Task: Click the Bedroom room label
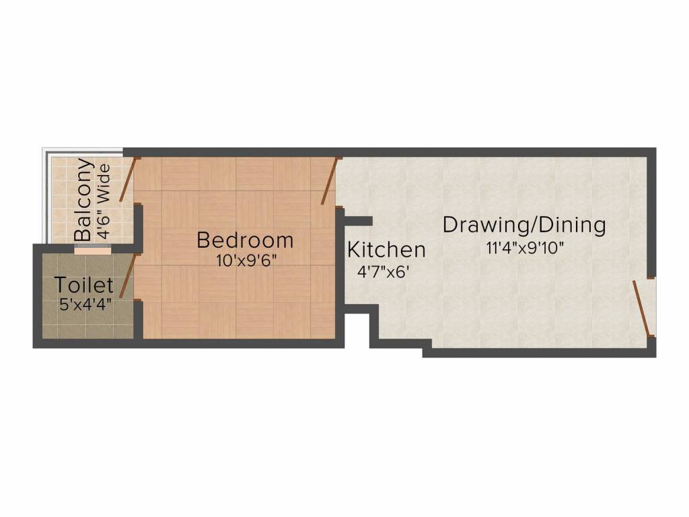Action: (245, 240)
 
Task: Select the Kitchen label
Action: (386, 250)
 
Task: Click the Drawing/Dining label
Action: (524, 225)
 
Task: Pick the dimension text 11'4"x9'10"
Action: (525, 247)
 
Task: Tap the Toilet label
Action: (84, 285)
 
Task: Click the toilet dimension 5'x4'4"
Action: (85, 304)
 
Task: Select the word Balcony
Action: (84, 200)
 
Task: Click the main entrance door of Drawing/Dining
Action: (643, 308)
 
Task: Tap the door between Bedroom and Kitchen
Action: (328, 180)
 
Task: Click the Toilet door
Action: (128, 275)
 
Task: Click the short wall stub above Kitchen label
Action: (358, 220)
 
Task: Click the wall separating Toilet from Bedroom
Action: (138, 320)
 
